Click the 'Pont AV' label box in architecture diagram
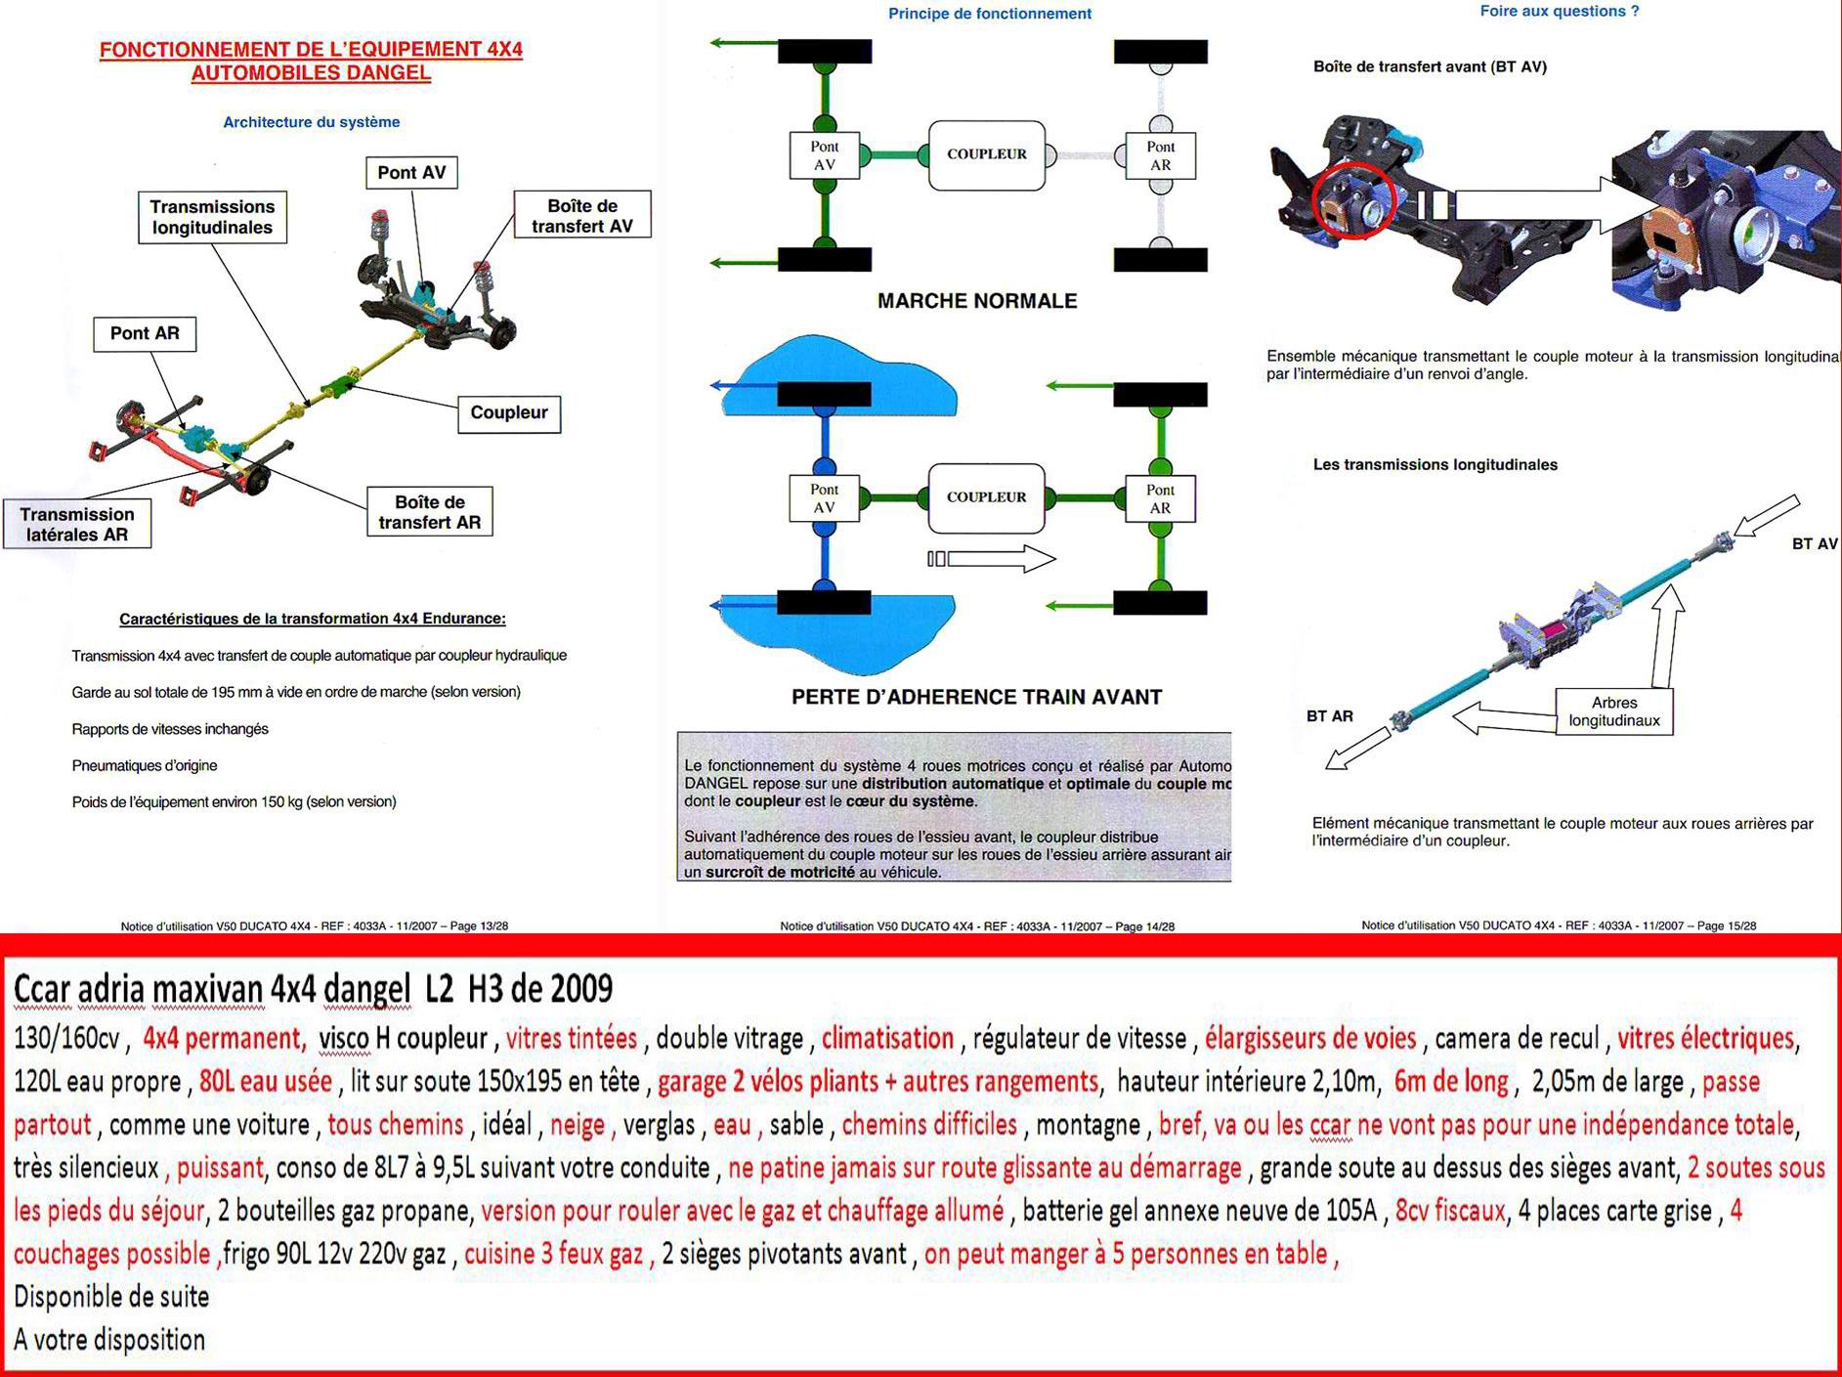pos(411,173)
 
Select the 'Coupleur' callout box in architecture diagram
pos(508,413)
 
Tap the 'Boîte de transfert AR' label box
pos(430,512)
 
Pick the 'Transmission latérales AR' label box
pos(77,524)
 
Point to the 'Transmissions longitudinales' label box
pos(212,217)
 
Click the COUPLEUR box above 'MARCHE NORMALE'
pos(986,154)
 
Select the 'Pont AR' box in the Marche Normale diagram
pos(1160,156)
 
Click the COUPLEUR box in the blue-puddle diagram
pos(986,497)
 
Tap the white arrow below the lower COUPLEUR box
pos(991,559)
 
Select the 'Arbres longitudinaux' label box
pos(1613,711)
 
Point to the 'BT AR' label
pos(1330,716)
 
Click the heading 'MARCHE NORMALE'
pos(977,301)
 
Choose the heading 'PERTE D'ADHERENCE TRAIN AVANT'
pos(976,697)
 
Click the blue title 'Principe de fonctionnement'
pos(990,14)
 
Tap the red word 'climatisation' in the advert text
pos(887,1038)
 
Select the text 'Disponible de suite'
pos(111,1297)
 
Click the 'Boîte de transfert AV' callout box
pos(582,215)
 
